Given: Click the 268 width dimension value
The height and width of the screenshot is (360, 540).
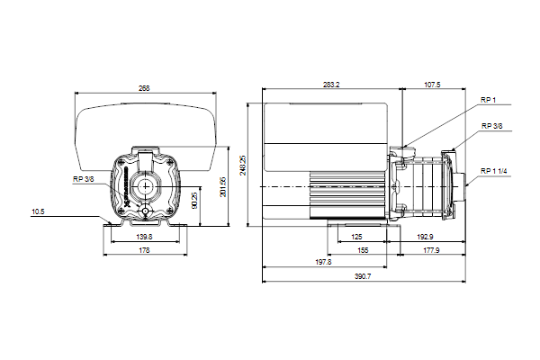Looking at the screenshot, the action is tap(144, 88).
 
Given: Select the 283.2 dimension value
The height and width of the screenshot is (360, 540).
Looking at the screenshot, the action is tap(331, 85).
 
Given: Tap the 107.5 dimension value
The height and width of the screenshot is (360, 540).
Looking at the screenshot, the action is tap(432, 85).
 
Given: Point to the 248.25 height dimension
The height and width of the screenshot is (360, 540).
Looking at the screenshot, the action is tap(243, 165).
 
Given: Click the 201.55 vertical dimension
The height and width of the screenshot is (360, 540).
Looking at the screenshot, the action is tap(223, 187).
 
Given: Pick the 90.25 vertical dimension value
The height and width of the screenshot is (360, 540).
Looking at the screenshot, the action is tap(194, 201).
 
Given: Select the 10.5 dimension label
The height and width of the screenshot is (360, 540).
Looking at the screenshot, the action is tap(38, 211).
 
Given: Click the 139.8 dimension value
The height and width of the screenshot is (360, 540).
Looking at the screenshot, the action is tap(144, 237).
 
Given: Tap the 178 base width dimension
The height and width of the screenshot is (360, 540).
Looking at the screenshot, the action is tap(144, 250).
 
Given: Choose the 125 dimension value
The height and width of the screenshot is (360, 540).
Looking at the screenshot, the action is tap(356, 237).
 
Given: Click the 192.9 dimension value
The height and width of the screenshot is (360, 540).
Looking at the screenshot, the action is tap(425, 237).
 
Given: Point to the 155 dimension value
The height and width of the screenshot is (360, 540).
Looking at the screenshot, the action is tap(363, 250).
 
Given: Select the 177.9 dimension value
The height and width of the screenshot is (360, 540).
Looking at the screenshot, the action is tap(431, 250).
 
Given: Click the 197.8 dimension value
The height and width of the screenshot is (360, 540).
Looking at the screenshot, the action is tap(323, 262).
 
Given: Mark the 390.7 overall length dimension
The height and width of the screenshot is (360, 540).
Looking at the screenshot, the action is tap(363, 276).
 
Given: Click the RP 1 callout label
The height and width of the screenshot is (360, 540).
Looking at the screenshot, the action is tap(488, 100).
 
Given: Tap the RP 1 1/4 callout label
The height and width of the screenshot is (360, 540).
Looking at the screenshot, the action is tap(494, 171).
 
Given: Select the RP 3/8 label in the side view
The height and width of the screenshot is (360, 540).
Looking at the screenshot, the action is tap(491, 126).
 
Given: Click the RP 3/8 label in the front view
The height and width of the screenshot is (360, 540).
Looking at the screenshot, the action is tap(83, 179).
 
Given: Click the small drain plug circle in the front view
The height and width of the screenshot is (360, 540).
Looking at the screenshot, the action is tap(145, 211).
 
